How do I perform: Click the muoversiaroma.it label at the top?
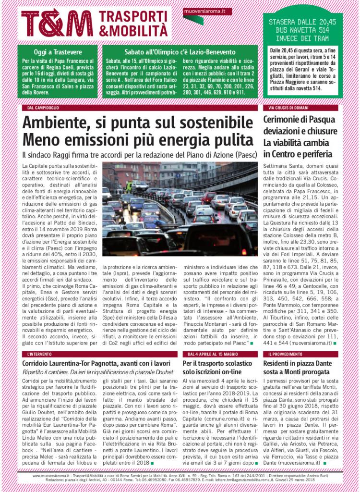click(x=207, y=11)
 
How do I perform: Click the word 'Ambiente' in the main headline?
click(x=57, y=123)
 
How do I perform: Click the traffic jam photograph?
click(x=180, y=209)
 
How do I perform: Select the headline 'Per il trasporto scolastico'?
click(x=219, y=364)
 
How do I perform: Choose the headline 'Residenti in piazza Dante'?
click(x=297, y=364)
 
